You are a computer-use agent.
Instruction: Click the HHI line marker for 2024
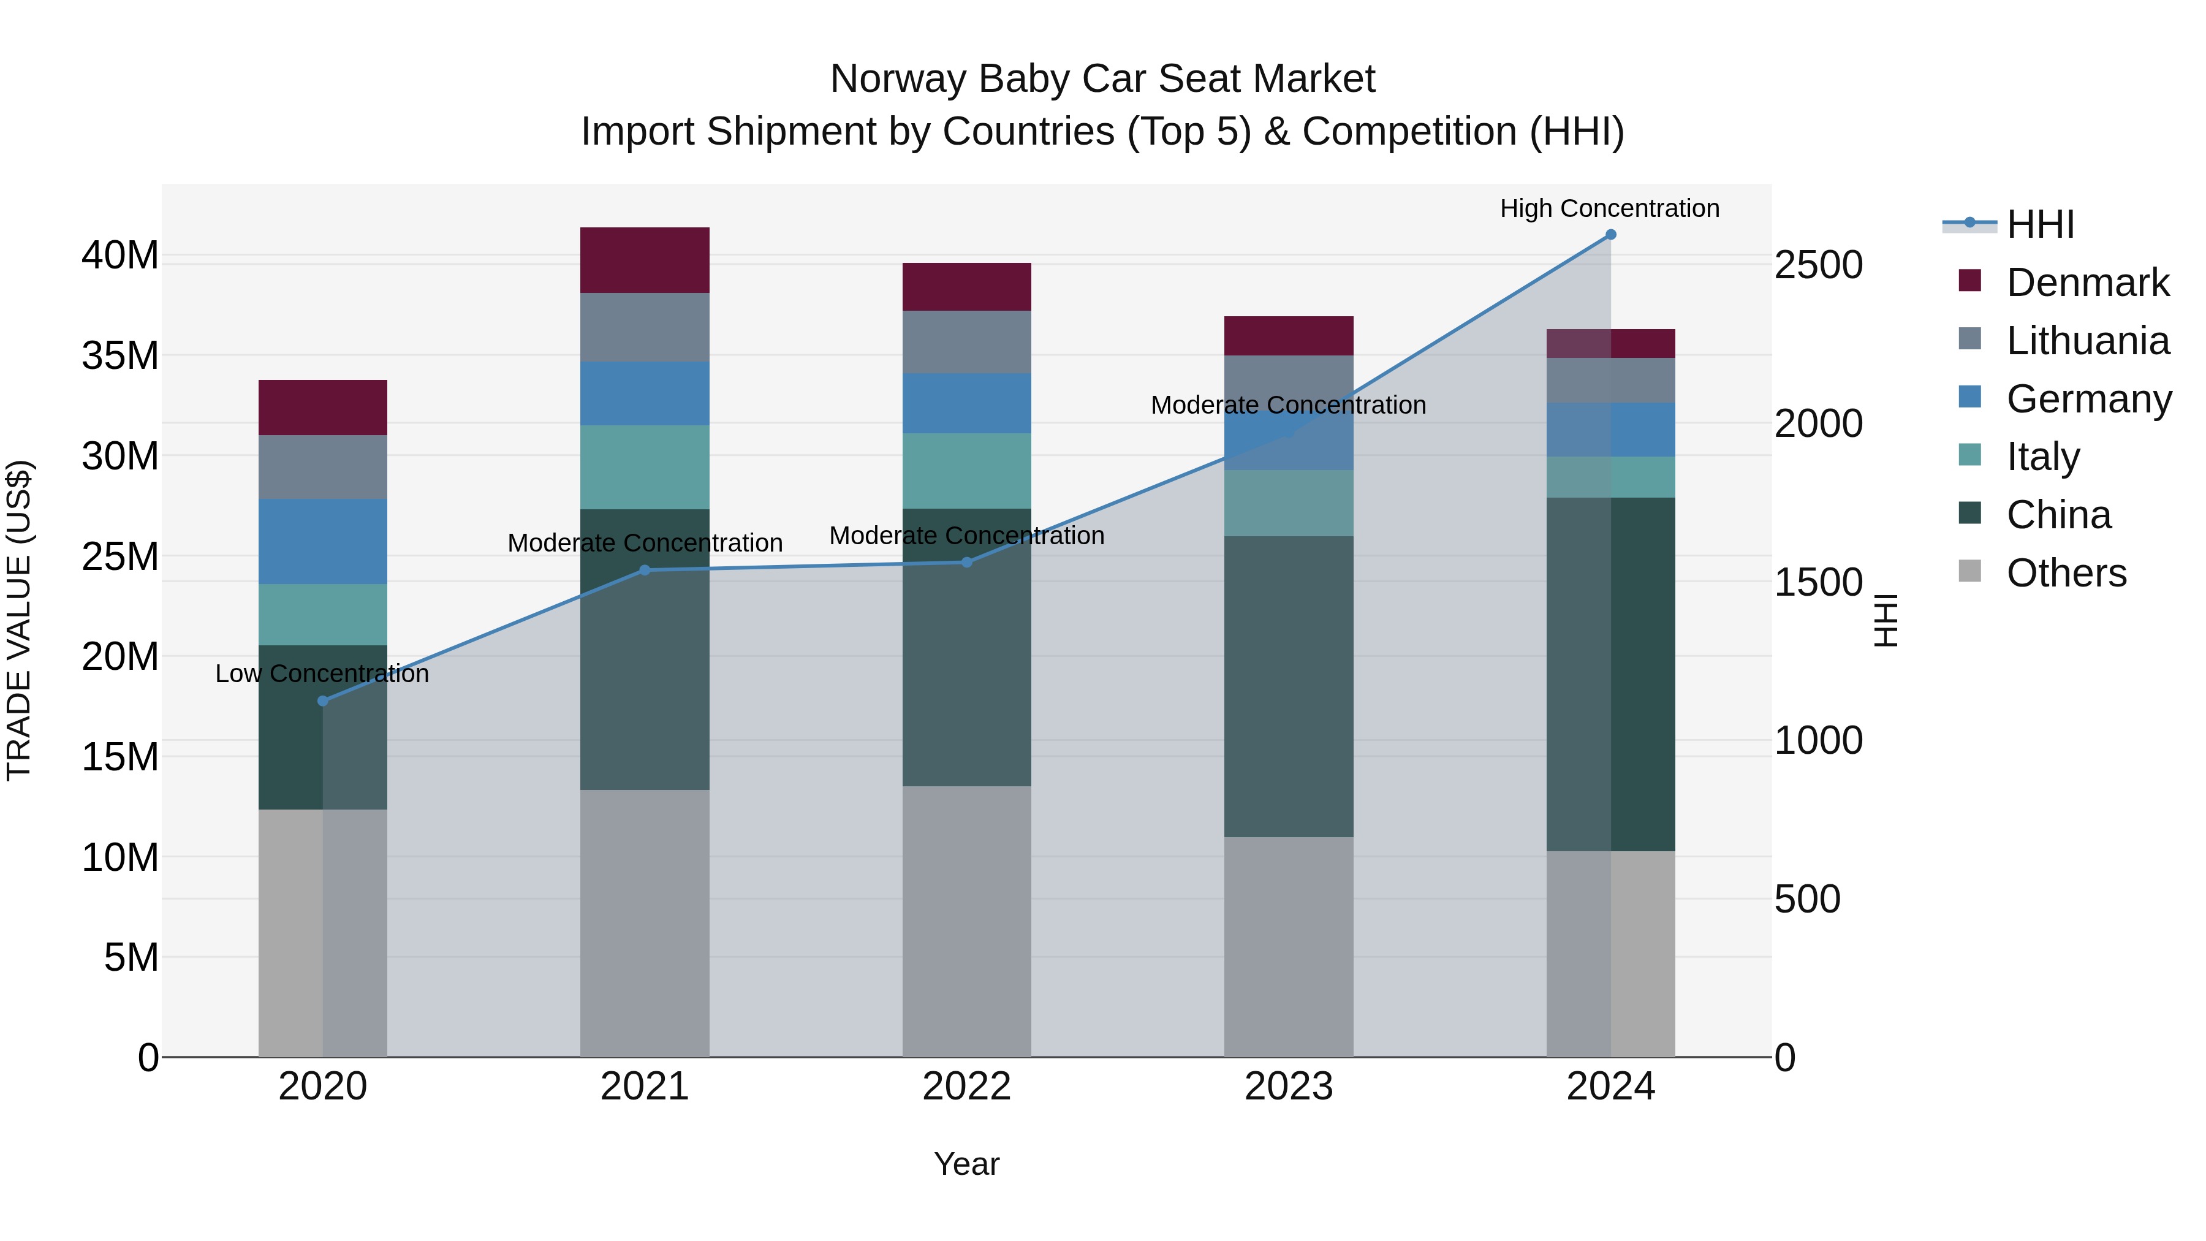[x=1610, y=235]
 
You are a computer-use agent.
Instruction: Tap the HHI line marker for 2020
[x=323, y=700]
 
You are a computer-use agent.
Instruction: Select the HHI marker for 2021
[x=645, y=569]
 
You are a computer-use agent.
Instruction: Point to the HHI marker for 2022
[x=967, y=562]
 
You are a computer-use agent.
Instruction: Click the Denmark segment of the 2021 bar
[x=645, y=260]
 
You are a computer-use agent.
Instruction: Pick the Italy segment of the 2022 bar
[x=967, y=471]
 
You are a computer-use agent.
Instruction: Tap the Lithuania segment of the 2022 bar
[x=967, y=342]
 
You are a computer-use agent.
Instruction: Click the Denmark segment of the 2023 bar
[x=1289, y=336]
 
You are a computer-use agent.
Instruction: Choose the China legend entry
[x=2058, y=515]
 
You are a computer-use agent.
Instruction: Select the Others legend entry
[x=2066, y=573]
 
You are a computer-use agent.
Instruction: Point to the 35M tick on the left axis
[x=120, y=355]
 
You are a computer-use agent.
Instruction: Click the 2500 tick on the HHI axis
[x=1818, y=265]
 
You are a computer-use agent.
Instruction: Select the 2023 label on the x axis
[x=1289, y=1087]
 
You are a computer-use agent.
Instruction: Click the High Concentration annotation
[x=1609, y=208]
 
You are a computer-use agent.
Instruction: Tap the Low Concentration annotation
[x=322, y=674]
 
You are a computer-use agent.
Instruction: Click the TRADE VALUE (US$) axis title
[x=19, y=620]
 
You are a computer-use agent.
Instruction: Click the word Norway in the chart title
[x=898, y=79]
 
